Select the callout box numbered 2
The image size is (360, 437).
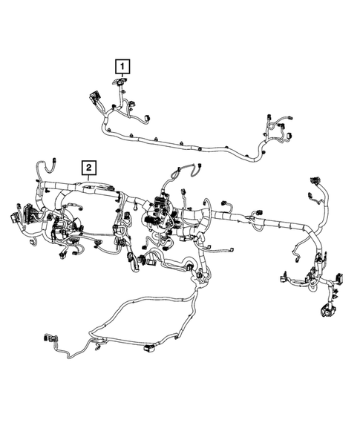pos(88,167)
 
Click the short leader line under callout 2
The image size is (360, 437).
pos(88,179)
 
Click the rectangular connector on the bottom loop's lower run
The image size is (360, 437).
pos(151,346)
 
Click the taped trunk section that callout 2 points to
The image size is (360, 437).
pos(93,191)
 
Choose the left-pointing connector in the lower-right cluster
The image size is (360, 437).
pos(284,280)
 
